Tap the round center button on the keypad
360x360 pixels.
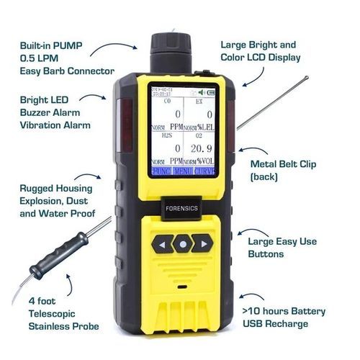(x=184, y=244)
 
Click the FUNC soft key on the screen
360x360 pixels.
(x=161, y=171)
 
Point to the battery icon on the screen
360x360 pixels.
(x=211, y=92)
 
